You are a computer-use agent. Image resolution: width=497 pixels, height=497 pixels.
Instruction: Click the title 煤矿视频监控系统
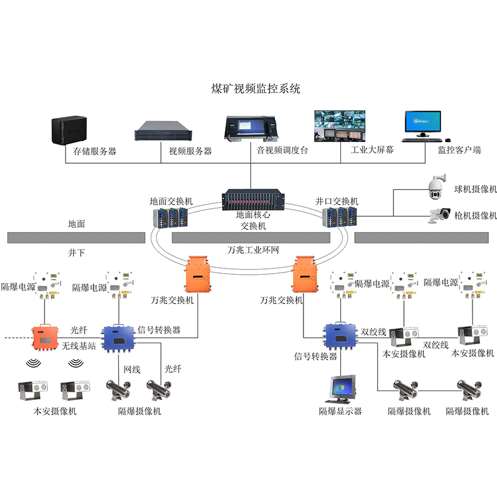[255, 89]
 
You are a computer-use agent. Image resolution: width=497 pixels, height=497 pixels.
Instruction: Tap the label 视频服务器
[190, 151]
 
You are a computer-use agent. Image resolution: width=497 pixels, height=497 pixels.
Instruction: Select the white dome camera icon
[437, 186]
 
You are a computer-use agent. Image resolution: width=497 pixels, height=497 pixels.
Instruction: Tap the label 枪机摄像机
[475, 216]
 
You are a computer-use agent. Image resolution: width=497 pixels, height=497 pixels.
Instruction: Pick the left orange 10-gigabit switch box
[197, 274]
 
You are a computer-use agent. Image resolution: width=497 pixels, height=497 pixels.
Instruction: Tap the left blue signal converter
[119, 338]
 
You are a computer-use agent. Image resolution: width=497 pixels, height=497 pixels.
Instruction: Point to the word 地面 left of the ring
[77, 223]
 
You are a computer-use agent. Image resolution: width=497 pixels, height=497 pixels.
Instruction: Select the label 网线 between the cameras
[132, 369]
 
